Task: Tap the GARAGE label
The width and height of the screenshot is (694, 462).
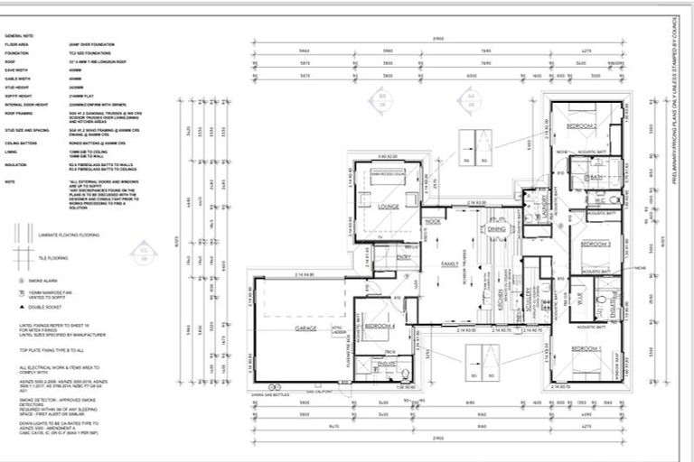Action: click(x=304, y=329)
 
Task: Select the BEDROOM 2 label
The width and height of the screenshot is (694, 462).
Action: click(x=578, y=126)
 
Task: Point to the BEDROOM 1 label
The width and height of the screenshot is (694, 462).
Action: click(x=586, y=347)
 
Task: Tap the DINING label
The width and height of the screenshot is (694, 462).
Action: click(x=497, y=230)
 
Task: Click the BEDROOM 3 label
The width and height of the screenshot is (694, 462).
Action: click(x=596, y=245)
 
